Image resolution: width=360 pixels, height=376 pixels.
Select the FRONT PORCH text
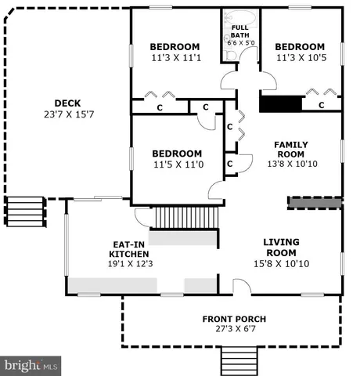[x=234, y=319]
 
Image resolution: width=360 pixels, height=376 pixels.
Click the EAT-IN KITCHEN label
[x=125, y=249]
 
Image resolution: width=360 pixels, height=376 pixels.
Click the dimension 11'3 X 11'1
[x=175, y=58]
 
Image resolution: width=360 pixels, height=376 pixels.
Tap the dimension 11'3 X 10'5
[x=301, y=58]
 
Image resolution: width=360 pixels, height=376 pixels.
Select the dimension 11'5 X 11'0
[x=177, y=164]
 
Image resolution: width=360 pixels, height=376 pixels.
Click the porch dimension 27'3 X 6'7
[x=234, y=330]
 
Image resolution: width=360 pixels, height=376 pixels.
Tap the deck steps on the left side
[x=21, y=211]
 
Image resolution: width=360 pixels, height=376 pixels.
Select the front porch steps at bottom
[x=234, y=361]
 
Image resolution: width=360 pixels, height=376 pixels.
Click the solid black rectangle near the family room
[x=280, y=104]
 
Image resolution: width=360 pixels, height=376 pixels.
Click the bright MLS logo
[x=31, y=365]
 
